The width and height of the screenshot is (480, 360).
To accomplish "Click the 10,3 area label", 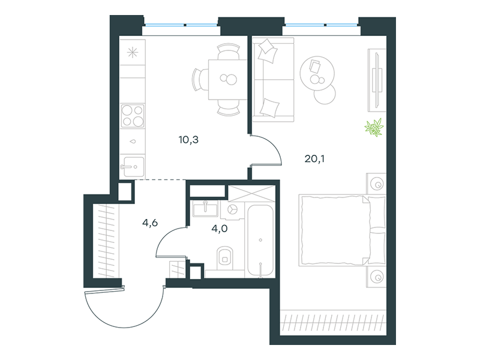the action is [x=188, y=140].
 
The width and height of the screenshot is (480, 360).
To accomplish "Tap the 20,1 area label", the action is [x=314, y=158].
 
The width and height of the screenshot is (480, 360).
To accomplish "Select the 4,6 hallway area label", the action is [x=150, y=223].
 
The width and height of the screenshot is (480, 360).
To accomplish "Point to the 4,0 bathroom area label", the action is [x=220, y=229].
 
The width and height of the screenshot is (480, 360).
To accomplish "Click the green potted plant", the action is [x=374, y=127].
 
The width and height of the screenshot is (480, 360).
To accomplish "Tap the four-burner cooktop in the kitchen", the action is [x=133, y=116].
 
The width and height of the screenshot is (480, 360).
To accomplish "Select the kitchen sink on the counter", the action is [x=134, y=167].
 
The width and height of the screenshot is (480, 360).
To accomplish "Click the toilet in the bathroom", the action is [x=224, y=258].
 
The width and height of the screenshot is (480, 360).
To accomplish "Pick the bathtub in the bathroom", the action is [x=260, y=241].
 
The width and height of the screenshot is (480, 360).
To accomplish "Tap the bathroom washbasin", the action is [x=205, y=209].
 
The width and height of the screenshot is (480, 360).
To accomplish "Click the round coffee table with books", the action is [x=317, y=73].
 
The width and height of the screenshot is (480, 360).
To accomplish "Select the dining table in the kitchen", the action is [x=228, y=80].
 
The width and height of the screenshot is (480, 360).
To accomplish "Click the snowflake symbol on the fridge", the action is [x=133, y=53].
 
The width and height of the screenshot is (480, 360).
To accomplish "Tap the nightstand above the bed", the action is [x=376, y=184].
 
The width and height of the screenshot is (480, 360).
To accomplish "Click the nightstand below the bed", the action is [x=376, y=277].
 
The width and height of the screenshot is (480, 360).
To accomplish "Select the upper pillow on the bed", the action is [x=377, y=212].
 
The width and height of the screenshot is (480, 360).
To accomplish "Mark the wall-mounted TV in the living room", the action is [x=377, y=80].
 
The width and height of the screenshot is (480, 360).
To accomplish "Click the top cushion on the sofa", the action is [x=268, y=50].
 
